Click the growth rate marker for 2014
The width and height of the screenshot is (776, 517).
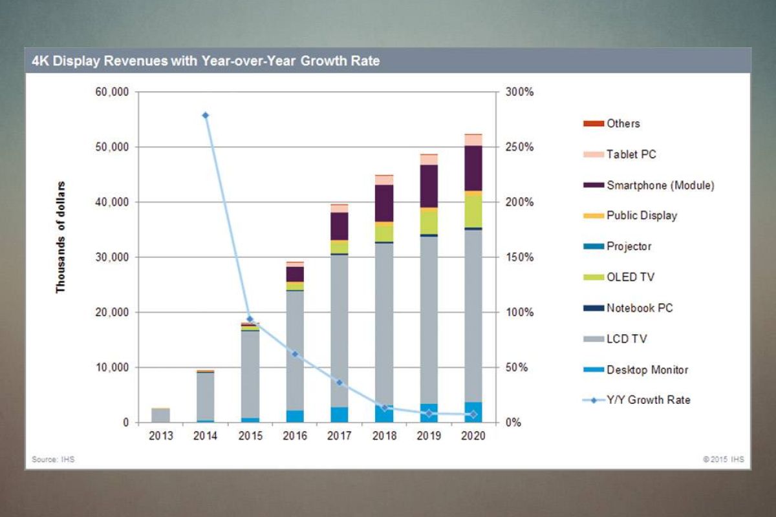click(206, 116)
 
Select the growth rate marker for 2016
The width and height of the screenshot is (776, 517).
click(295, 353)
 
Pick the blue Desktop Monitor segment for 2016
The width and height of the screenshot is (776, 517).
click(295, 416)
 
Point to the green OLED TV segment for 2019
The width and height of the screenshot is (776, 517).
click(429, 222)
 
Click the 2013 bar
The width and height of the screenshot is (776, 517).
click(161, 415)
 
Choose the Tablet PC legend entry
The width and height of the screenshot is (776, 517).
click(631, 154)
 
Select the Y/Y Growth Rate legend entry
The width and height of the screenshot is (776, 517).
click(648, 400)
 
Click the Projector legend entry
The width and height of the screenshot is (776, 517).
click(629, 247)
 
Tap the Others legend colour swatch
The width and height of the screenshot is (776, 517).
click(593, 123)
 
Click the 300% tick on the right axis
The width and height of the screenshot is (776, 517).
click(519, 92)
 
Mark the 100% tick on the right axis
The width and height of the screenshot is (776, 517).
click(519, 313)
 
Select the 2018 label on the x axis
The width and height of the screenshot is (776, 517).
click(384, 436)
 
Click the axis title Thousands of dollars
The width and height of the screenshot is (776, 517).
click(61, 237)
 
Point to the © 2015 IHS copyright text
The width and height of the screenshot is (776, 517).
click(724, 459)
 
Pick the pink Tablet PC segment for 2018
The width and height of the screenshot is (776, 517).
click(384, 180)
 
